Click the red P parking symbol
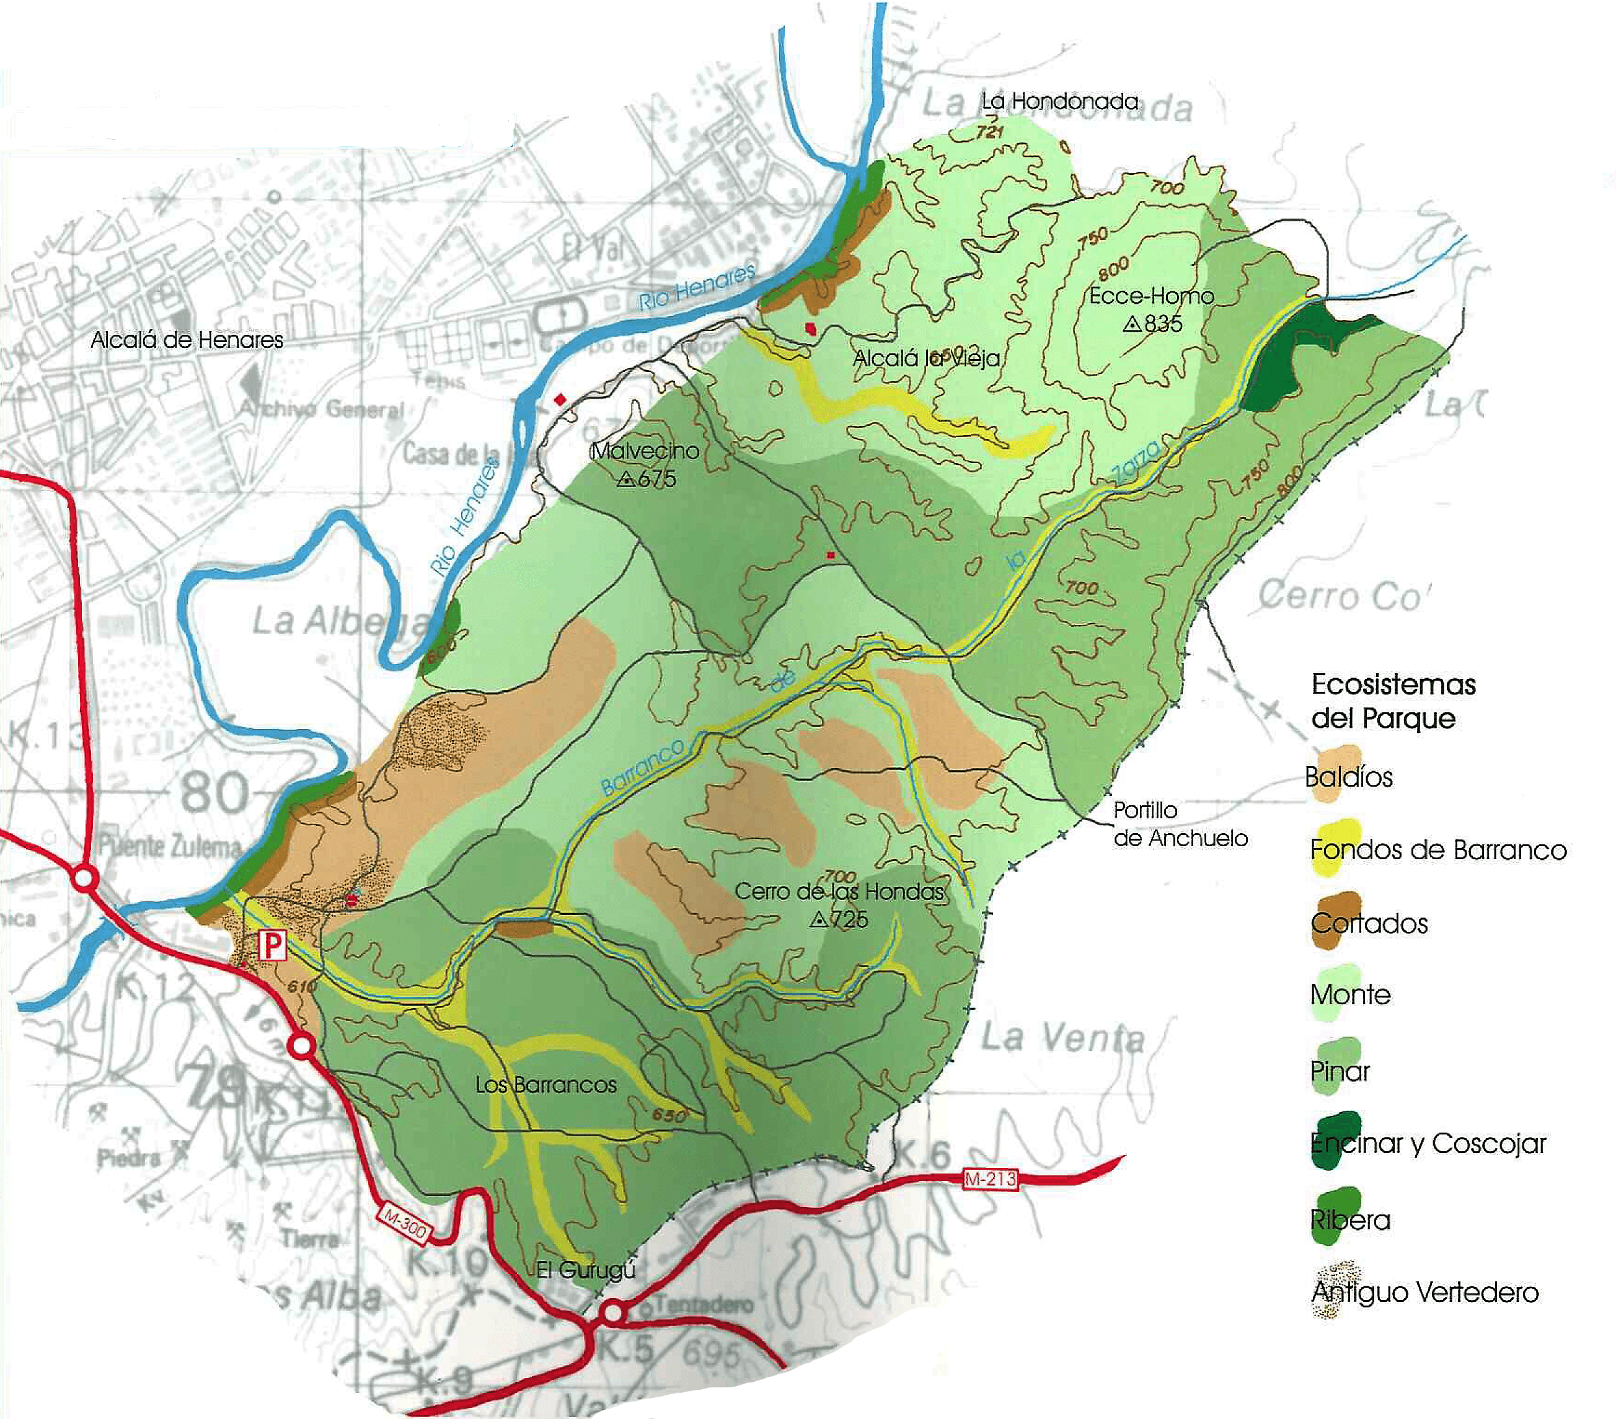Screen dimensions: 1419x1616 click(272, 945)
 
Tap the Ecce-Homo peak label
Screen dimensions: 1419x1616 click(1151, 296)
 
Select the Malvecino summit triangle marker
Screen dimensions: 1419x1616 click(626, 479)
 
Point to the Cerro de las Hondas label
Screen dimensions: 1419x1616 click(840, 891)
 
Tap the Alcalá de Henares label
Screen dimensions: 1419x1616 click(187, 340)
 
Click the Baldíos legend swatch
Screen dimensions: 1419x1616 click(1335, 773)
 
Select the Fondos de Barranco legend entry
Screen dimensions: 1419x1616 click(1438, 850)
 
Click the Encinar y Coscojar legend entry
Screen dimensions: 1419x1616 click(1428, 1143)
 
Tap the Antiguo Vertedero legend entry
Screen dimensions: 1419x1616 click(1424, 1292)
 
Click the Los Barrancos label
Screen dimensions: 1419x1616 click(545, 1085)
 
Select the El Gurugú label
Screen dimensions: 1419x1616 click(585, 1270)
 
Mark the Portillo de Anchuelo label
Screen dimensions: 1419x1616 click(1180, 824)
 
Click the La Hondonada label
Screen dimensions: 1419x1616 click(1059, 101)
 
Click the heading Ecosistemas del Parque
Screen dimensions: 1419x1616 click(1393, 701)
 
